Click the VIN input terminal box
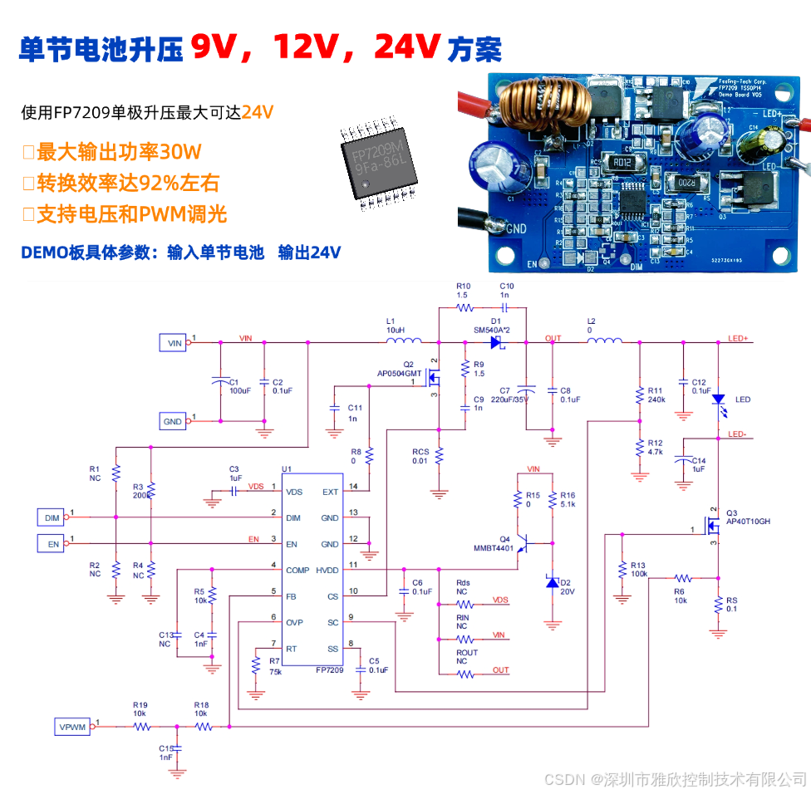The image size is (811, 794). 174,341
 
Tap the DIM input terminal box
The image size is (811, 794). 52,517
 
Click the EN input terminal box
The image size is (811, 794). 52,544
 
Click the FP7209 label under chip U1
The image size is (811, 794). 329,669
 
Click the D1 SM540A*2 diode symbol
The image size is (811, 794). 497,341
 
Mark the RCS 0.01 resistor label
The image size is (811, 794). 420,456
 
